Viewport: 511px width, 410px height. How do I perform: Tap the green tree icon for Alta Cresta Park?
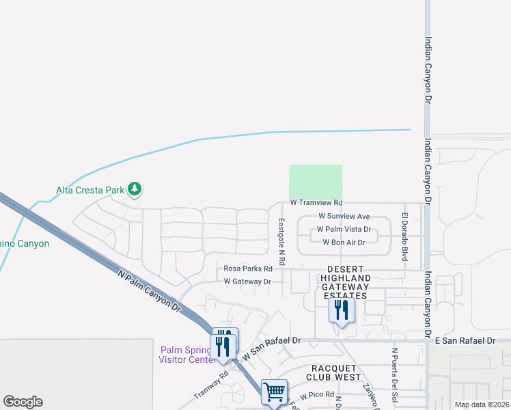tap(135, 189)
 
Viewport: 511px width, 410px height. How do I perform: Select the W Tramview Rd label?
tap(316, 203)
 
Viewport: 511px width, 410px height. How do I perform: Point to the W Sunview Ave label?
tap(344, 216)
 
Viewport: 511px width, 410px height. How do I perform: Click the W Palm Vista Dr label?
tap(344, 230)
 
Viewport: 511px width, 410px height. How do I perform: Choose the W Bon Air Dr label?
tap(344, 243)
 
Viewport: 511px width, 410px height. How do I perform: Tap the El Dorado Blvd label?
tap(404, 236)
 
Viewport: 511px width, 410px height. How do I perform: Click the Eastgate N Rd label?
tap(281, 242)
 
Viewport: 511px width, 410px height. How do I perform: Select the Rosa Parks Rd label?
tap(248, 268)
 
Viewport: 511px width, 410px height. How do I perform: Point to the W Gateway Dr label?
tap(247, 282)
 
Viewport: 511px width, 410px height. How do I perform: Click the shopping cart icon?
tap(274, 392)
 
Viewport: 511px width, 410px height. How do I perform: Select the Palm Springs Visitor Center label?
tap(187, 355)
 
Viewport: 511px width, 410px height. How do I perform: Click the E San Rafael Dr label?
tap(465, 340)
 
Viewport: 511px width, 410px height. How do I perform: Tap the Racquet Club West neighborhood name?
tap(332, 372)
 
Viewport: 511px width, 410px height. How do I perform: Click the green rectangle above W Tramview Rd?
tap(316, 182)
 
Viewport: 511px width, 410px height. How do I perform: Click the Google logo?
tap(23, 402)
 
